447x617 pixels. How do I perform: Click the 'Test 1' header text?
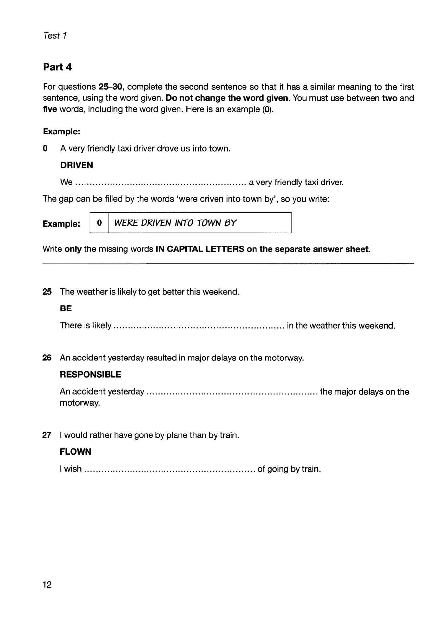(x=55, y=35)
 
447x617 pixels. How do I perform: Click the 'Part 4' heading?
(x=57, y=67)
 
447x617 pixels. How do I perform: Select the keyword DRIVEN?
(x=76, y=165)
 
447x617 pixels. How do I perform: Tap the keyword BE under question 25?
(x=66, y=308)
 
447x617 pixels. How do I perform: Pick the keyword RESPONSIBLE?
(x=90, y=374)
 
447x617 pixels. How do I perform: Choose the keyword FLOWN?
(x=75, y=451)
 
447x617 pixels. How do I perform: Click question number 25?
(x=47, y=292)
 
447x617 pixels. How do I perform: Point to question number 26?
(x=47, y=358)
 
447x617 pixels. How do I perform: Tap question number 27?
(x=47, y=435)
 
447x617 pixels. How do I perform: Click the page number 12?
(x=47, y=585)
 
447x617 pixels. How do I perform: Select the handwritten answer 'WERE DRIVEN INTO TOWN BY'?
(x=176, y=223)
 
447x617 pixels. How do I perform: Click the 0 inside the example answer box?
(x=99, y=223)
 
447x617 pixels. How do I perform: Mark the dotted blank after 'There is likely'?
(x=199, y=326)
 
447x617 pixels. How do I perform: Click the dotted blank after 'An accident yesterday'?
(x=232, y=392)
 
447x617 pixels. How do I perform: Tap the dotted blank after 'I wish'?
(x=169, y=470)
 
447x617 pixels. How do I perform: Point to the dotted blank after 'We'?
(x=160, y=183)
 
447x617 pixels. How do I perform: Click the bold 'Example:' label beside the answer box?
(x=61, y=224)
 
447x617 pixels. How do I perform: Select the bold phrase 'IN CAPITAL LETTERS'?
(x=200, y=249)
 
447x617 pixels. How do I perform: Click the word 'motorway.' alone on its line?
(x=80, y=403)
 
